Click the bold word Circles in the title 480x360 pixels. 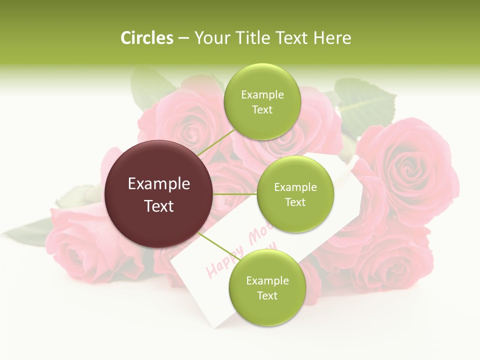pyautogui.click(x=147, y=38)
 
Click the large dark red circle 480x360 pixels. pyautogui.click(x=159, y=194)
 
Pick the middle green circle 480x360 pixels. pyautogui.click(x=295, y=194)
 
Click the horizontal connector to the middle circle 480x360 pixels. pyautogui.click(x=234, y=194)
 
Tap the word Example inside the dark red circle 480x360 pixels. pyautogui.click(x=159, y=184)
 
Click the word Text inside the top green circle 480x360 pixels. pyautogui.click(x=262, y=110)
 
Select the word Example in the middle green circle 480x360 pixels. pyautogui.click(x=295, y=187)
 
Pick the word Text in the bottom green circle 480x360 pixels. pyautogui.click(x=267, y=295)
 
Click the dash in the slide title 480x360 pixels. pyautogui.click(x=183, y=38)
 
